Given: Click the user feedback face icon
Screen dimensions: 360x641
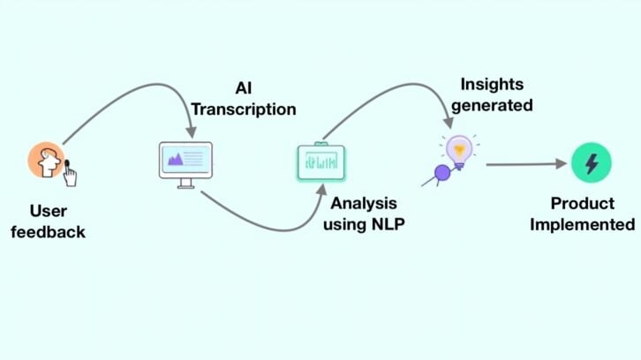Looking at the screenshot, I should click(x=45, y=161).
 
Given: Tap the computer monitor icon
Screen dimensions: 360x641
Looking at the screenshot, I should click(x=185, y=161).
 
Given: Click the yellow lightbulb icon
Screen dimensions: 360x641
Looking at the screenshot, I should click(x=459, y=150).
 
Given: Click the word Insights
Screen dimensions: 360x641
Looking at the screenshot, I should click(x=491, y=85).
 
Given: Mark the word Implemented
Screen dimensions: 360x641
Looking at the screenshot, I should click(x=581, y=224).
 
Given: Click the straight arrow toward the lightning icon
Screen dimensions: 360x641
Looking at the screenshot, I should click(x=525, y=163).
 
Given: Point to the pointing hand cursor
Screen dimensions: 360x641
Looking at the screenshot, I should click(x=69, y=176).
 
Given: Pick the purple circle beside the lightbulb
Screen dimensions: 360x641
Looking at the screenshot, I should click(x=442, y=172).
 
